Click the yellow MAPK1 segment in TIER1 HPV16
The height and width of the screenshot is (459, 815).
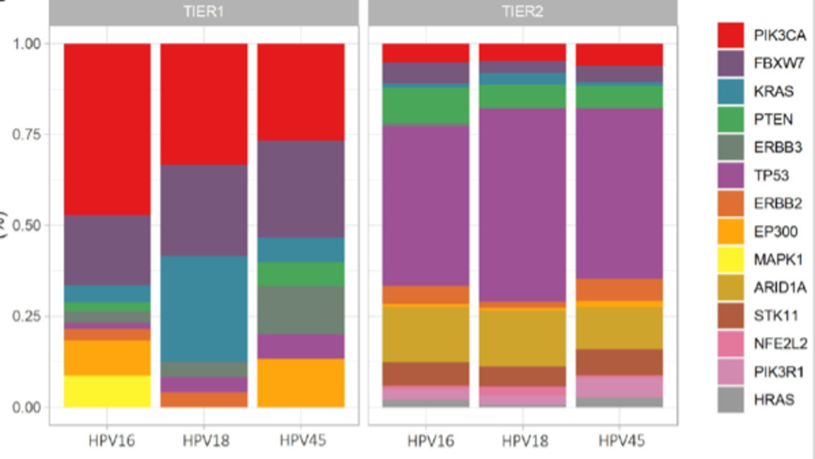[107, 391]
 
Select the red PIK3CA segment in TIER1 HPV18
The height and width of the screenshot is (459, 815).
[204, 104]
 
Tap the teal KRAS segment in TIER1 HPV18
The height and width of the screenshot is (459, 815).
[204, 309]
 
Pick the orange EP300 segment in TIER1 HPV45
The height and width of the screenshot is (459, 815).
[300, 383]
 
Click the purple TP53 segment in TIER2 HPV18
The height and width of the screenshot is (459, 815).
[522, 205]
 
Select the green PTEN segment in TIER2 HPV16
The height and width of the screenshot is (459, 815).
[425, 105]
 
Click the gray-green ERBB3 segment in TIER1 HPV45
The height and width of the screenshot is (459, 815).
[300, 310]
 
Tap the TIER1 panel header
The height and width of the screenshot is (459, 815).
[204, 12]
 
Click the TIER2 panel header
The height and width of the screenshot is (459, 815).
[522, 12]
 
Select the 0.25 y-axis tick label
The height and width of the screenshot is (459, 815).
[27, 316]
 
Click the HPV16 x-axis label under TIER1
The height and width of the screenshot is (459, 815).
[111, 441]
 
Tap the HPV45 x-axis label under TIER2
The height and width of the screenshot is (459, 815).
[622, 441]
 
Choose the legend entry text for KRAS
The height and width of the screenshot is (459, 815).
[773, 91]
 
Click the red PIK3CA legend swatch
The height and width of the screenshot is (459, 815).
[730, 35]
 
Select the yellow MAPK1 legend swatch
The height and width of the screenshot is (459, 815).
[730, 259]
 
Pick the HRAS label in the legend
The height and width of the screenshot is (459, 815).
[774, 400]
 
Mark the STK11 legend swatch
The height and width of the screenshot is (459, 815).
[730, 315]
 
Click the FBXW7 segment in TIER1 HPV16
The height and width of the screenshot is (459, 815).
[107, 250]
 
